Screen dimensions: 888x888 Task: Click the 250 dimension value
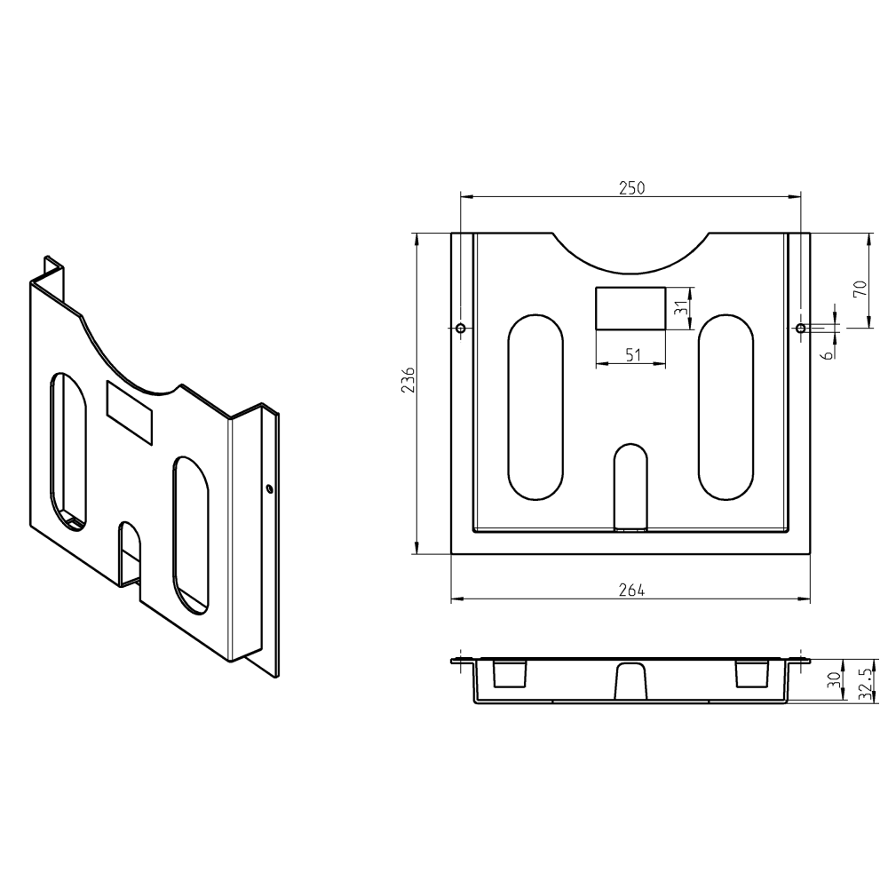tap(631, 188)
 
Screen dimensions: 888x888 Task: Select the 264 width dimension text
tap(631, 591)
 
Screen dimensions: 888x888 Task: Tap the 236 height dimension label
tap(408, 379)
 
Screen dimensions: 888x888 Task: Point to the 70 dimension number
tap(860, 289)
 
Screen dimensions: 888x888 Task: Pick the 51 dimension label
tap(633, 355)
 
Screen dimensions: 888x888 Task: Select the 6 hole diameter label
tap(828, 355)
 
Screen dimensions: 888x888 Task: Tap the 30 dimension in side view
tap(833, 680)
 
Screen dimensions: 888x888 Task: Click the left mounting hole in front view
tap(461, 328)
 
